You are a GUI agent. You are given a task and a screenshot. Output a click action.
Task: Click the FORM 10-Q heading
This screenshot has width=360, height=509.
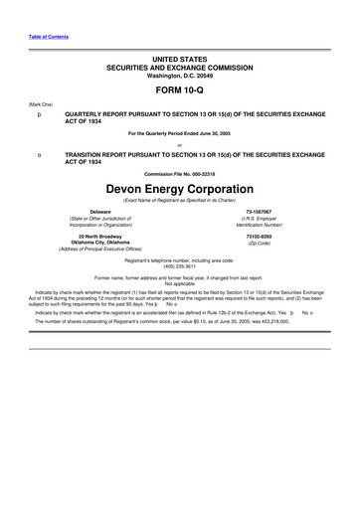(180, 88)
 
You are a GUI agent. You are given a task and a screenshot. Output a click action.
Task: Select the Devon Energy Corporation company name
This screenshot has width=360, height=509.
(180, 187)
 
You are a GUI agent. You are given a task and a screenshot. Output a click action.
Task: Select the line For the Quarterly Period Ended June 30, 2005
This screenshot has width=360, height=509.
(180, 134)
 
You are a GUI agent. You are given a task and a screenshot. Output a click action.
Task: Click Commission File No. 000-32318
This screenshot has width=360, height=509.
(180, 175)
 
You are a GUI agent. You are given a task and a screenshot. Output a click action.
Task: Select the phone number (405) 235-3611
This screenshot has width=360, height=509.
(180, 265)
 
